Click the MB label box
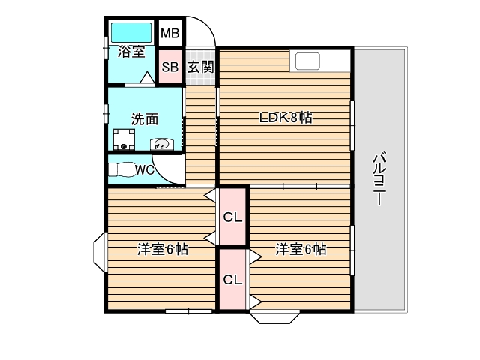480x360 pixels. coord(170,34)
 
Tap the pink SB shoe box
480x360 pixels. coord(170,67)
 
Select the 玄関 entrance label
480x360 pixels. coord(200,67)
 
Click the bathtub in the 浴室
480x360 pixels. coord(132,33)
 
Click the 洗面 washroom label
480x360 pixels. coord(145,118)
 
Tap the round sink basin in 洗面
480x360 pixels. coord(161,143)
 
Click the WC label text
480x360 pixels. coord(144,169)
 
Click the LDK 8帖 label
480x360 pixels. coord(286,118)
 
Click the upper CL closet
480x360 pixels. coord(232,217)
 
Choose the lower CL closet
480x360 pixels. coord(232,279)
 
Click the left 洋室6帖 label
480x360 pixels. coord(162,249)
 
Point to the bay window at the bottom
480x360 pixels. coord(277,315)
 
